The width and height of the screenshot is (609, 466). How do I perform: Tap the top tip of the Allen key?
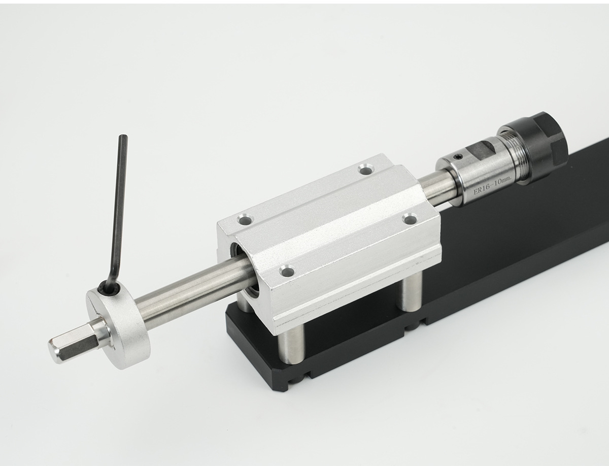pyautogui.click(x=123, y=136)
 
